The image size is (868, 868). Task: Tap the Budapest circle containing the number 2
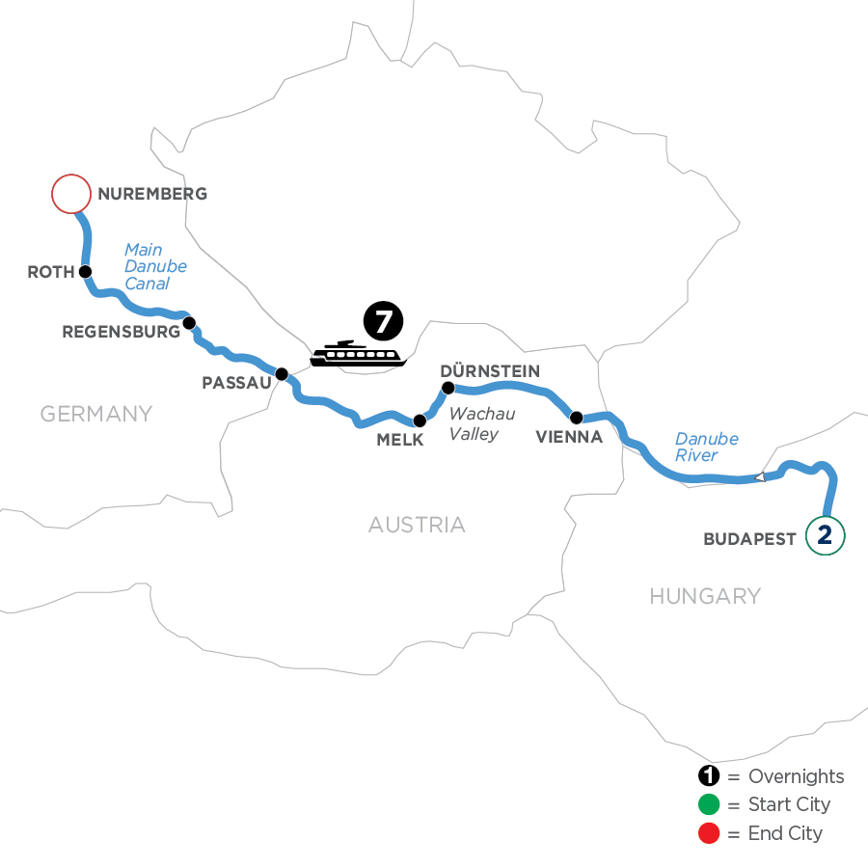click(825, 536)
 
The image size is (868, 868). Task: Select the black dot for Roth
click(85, 271)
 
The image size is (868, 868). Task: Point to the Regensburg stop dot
click(189, 322)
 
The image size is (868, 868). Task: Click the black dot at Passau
click(282, 373)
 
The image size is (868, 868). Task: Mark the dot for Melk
click(419, 420)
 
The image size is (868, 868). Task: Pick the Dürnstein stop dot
click(448, 388)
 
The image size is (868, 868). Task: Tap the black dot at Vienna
click(576, 418)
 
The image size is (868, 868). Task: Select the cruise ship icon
click(356, 354)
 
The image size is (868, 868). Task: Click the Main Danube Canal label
click(148, 266)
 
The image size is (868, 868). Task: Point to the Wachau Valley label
click(481, 423)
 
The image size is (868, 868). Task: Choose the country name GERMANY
click(96, 414)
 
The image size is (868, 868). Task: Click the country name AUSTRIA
click(417, 525)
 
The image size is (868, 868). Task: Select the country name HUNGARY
click(705, 596)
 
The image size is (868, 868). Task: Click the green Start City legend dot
click(709, 804)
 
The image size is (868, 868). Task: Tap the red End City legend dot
click(709, 832)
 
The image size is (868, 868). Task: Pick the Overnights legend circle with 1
click(709, 776)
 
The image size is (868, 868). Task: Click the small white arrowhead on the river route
click(760, 476)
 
